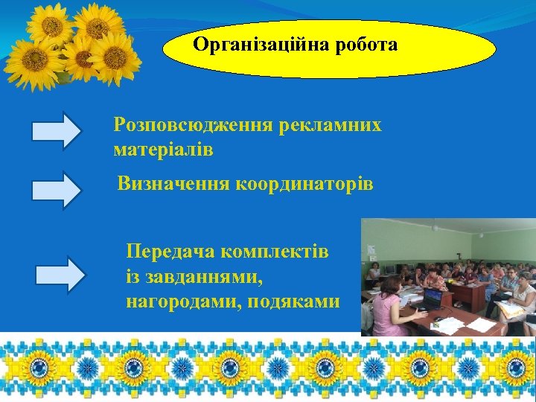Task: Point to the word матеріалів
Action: click(163, 150)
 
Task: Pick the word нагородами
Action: click(179, 301)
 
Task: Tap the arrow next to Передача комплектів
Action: click(61, 274)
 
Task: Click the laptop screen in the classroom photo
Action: click(433, 299)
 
